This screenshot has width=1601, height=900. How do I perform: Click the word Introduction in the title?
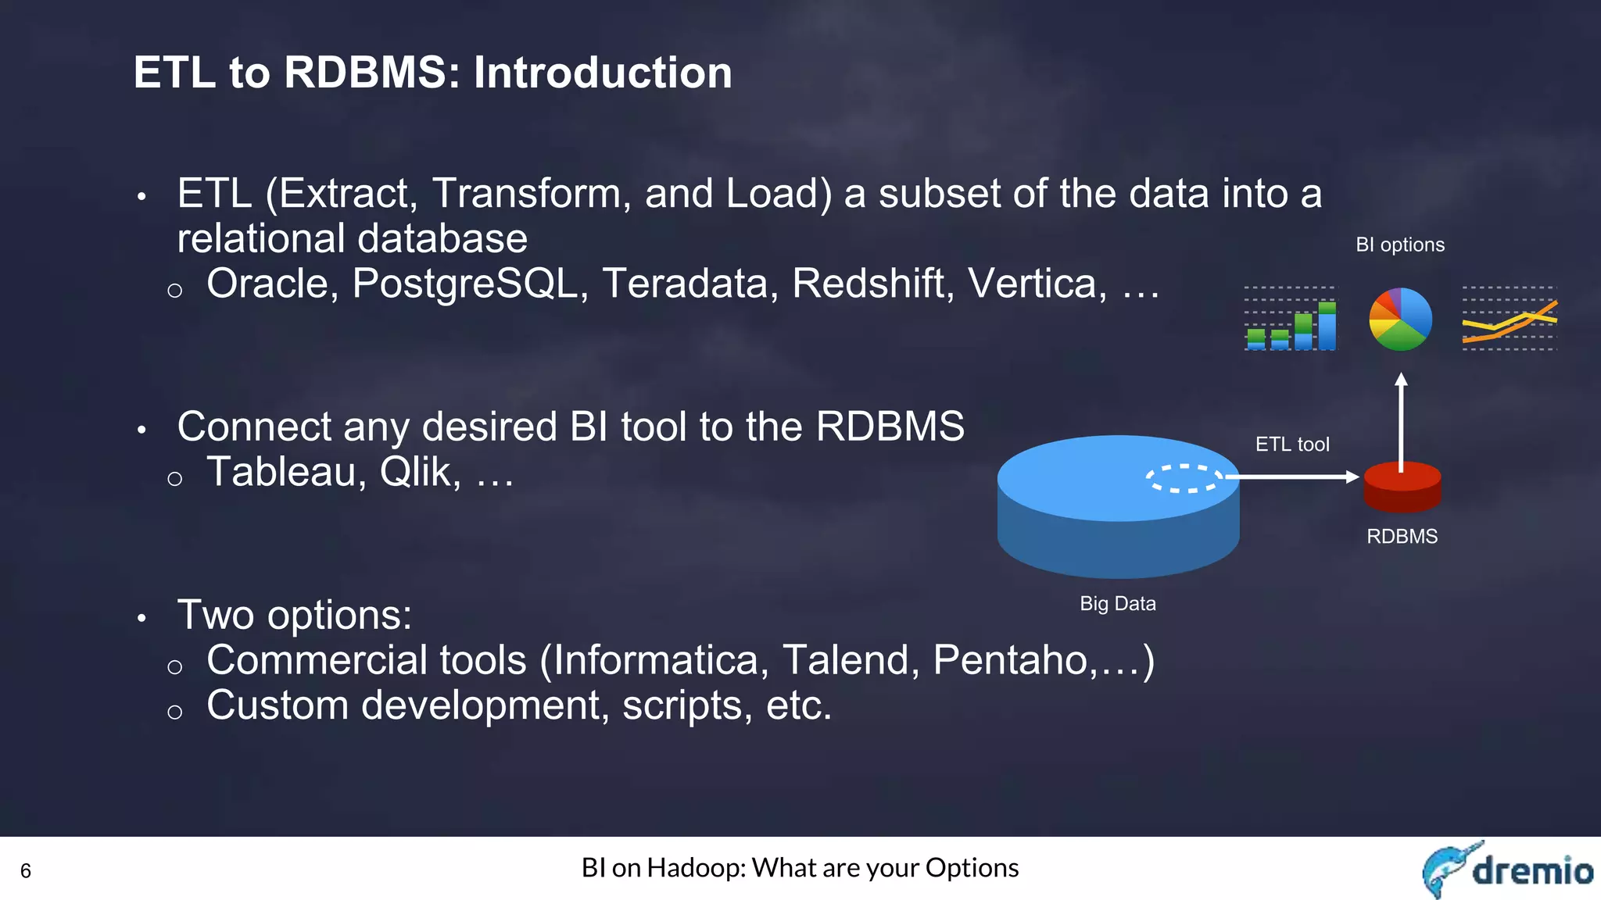pos(603,73)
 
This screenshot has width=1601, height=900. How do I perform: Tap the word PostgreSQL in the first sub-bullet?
pos(464,284)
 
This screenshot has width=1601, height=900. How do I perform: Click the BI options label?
pos(1399,245)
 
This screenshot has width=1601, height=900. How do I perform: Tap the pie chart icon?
pos(1400,320)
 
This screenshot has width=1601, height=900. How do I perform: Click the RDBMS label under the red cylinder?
pos(1402,537)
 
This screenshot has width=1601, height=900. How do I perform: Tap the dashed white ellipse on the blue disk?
pos(1184,478)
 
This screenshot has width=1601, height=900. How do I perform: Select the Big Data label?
pos(1117,604)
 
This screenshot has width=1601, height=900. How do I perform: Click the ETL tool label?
pos(1291,445)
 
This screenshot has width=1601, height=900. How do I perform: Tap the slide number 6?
pos(26,871)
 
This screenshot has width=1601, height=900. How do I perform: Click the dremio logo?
pos(1506,870)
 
